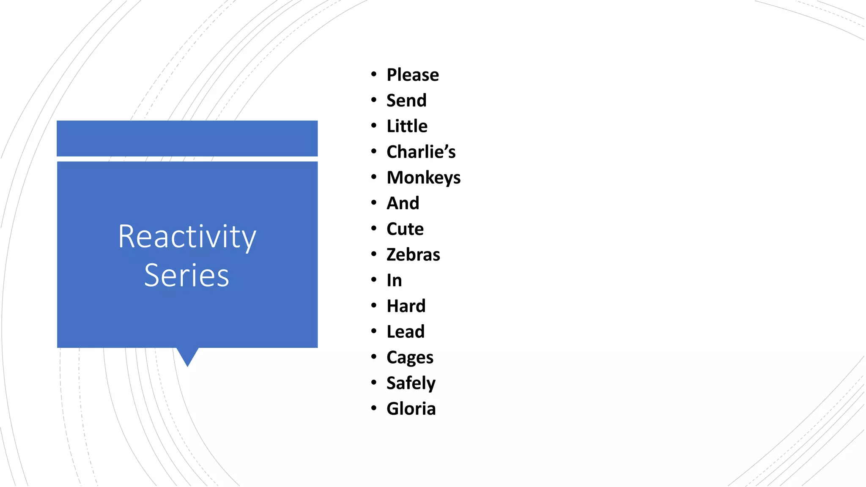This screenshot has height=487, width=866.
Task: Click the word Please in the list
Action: [x=412, y=75]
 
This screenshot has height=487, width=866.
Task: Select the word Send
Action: [x=406, y=101]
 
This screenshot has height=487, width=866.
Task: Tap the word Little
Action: [x=407, y=126]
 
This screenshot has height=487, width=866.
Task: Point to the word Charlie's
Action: [x=421, y=152]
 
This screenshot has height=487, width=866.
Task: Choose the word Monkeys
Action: [x=423, y=178]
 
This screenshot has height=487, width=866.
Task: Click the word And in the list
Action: [x=403, y=203]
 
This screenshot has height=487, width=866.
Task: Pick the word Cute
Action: [x=405, y=229]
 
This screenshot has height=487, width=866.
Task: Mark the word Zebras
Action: [x=413, y=255]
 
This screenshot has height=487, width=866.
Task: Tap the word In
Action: [x=394, y=281]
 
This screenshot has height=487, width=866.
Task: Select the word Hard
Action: [x=406, y=306]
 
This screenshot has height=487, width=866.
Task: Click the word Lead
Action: [x=405, y=332]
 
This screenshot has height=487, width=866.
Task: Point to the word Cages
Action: [x=410, y=358]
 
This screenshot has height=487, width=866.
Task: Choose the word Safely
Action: [x=411, y=383]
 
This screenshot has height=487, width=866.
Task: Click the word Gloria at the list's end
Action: [x=411, y=409]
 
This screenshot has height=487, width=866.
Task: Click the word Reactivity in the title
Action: [x=187, y=237]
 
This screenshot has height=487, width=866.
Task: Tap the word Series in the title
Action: [x=186, y=276]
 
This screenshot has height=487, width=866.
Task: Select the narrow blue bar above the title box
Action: [x=187, y=138]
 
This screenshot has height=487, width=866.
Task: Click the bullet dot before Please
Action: [x=373, y=74]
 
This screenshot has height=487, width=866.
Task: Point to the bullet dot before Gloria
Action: [x=373, y=408]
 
